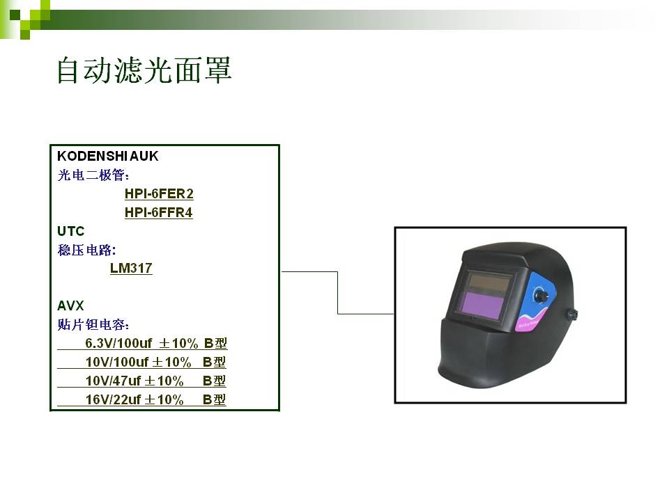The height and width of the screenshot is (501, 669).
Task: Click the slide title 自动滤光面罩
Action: click(144, 70)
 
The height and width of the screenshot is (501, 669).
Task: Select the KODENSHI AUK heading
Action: click(107, 156)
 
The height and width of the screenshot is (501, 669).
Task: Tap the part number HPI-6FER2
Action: click(159, 194)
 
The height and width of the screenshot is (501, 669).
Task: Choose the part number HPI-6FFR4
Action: click(159, 212)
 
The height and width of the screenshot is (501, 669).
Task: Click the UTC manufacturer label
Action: click(71, 231)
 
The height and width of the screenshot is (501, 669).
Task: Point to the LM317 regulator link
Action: click(131, 268)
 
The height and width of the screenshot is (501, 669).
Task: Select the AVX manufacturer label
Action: click(70, 305)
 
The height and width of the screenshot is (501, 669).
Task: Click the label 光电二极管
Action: click(93, 175)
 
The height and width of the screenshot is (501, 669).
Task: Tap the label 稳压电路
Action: click(86, 250)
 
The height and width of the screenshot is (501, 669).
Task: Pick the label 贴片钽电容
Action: click(93, 325)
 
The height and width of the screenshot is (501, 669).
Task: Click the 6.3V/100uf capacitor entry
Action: click(142, 343)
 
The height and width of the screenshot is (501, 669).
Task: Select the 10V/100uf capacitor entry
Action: click(141, 362)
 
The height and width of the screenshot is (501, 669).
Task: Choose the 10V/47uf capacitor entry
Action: click(141, 381)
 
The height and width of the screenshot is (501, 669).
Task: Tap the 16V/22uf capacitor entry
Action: click(141, 399)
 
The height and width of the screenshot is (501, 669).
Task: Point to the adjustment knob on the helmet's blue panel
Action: click(539, 295)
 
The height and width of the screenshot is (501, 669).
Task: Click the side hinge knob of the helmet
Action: click(571, 315)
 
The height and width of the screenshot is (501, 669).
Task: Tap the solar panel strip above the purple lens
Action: click(489, 282)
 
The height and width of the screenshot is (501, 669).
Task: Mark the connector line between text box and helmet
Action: click(337, 293)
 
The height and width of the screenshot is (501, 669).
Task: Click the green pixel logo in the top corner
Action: click(25, 19)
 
